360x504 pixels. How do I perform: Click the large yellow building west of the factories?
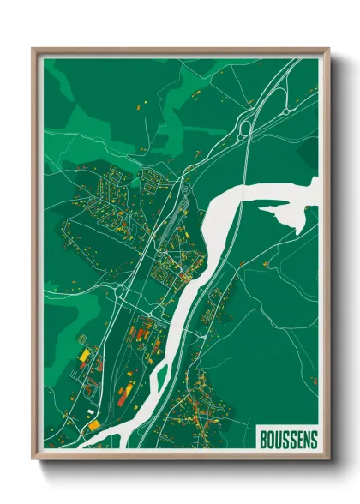(x=84, y=353)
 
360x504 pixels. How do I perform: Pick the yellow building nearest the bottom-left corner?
(x=92, y=424)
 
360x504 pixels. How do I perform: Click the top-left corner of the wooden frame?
(x=33, y=49)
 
